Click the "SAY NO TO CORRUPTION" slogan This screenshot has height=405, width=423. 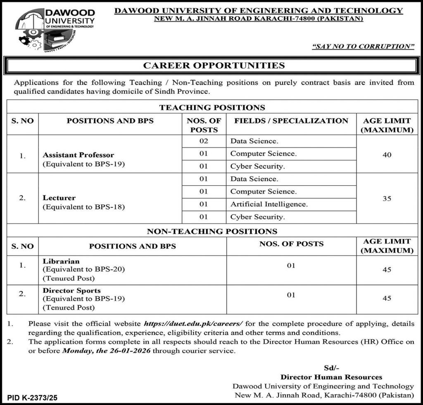(x=363, y=47)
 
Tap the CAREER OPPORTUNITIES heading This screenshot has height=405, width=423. (x=214, y=65)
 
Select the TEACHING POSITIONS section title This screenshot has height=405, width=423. (x=212, y=108)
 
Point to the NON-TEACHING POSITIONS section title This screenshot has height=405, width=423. (x=212, y=231)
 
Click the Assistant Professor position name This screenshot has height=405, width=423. (x=78, y=155)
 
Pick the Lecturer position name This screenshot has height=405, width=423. (x=59, y=198)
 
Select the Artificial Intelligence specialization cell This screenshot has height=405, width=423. (x=269, y=204)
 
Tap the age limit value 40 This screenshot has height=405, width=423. (x=387, y=155)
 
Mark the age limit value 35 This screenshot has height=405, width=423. (x=387, y=199)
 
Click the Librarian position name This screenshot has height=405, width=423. (x=61, y=261)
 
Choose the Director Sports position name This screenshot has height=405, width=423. (x=71, y=290)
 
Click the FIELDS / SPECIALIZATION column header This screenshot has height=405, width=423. (x=291, y=121)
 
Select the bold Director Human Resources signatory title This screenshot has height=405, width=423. (x=331, y=377)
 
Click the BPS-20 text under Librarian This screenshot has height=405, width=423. (x=110, y=269)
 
